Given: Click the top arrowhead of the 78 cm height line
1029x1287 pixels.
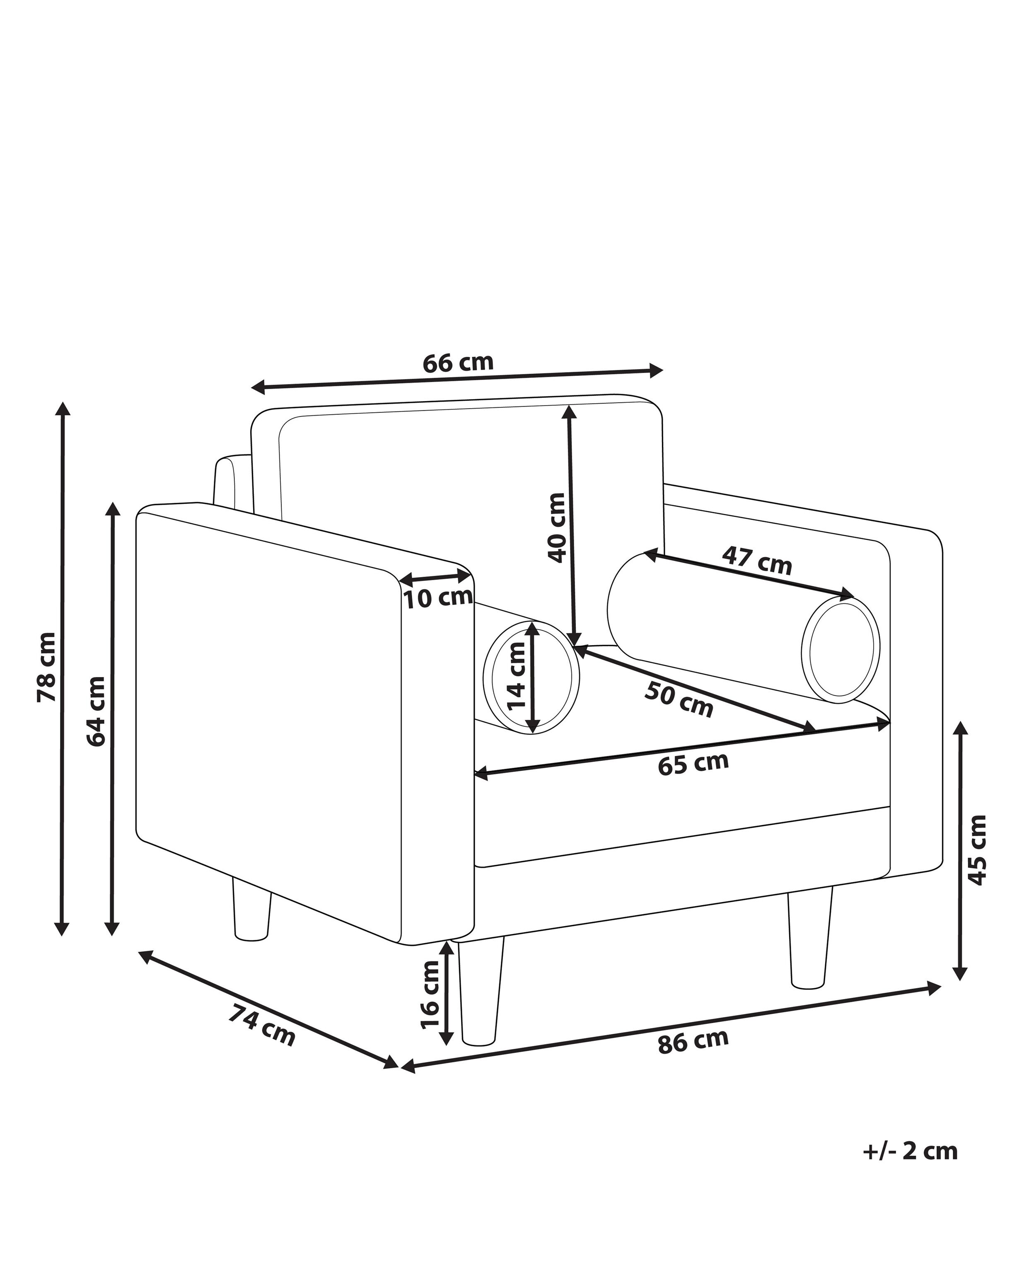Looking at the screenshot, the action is click(x=62, y=403).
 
